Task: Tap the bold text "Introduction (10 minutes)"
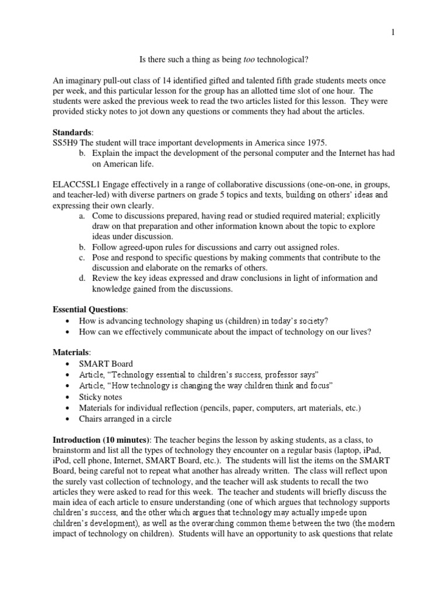pos(100,438)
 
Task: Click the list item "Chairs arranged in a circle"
pos(129,419)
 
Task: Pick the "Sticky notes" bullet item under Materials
pos(101,397)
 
